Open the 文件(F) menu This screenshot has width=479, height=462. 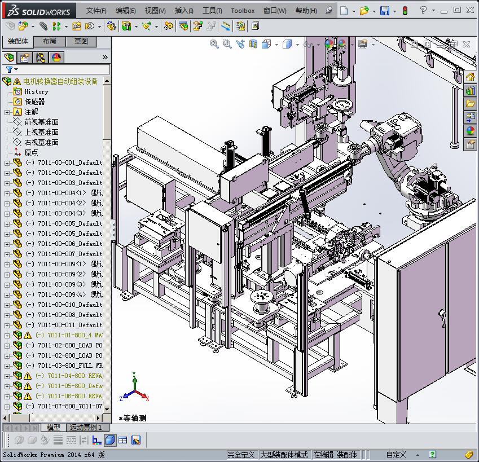[96, 11]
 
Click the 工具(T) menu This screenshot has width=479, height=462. [212, 11]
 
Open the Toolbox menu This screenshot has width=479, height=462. [243, 11]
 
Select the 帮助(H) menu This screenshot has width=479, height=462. [306, 11]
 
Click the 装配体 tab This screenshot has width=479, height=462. [18, 41]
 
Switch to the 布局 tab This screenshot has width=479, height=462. [50, 41]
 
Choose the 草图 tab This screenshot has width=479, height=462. [81, 41]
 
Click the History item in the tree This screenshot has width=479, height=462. [36, 91]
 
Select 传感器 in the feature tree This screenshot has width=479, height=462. [34, 102]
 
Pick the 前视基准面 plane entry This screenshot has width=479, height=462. [41, 122]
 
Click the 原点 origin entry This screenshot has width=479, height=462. [32, 152]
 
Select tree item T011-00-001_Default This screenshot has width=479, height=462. [70, 162]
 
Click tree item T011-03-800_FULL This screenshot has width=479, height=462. [70, 366]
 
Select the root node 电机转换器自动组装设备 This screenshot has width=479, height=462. [60, 81]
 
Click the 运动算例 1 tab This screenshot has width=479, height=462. [86, 428]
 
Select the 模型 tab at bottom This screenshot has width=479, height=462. [53, 428]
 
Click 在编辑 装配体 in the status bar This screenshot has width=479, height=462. [335, 455]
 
